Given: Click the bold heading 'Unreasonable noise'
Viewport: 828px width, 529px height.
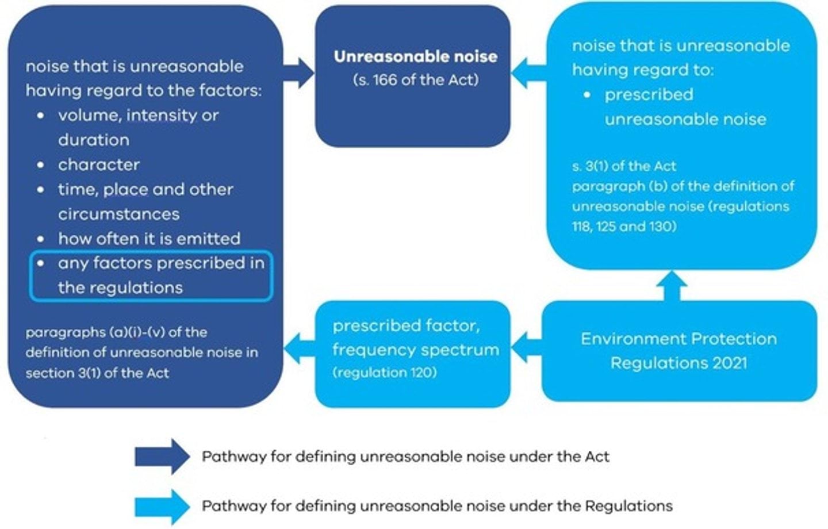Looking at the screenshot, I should (x=415, y=56).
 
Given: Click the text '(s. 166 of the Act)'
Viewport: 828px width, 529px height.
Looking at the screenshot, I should (x=415, y=79).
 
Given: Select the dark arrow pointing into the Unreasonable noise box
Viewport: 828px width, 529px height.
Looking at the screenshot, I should (x=299, y=73).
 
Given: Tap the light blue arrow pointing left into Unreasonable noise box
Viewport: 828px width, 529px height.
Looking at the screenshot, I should (x=528, y=73).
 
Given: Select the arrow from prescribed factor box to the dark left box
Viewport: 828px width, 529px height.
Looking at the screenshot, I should (x=299, y=347).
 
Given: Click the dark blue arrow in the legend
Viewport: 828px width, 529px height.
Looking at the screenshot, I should (x=162, y=457).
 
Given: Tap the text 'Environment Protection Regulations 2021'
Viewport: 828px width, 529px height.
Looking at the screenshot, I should (x=678, y=351).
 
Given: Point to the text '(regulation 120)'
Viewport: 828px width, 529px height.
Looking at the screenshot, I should (x=384, y=373).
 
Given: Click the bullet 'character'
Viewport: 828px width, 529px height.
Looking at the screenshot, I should (x=98, y=164).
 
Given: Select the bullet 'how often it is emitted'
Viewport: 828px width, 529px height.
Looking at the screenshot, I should (x=149, y=239).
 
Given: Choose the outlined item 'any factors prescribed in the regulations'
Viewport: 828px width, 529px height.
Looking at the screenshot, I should (x=151, y=275).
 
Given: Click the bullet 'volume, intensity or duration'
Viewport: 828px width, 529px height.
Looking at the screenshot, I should (x=138, y=127).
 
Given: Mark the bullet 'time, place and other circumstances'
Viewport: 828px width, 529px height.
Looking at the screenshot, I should (x=145, y=201).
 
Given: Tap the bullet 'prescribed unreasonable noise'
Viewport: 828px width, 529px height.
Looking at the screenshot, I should (x=685, y=107).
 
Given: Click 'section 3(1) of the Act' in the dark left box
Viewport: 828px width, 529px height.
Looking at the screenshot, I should (x=97, y=373).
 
